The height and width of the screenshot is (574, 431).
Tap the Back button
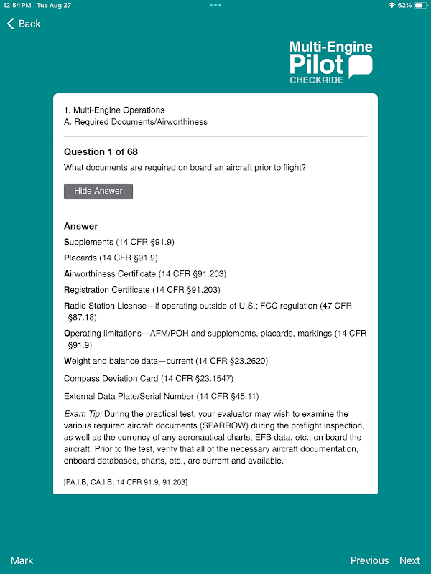pos(24,24)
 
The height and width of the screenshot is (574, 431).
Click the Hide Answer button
pos(98,192)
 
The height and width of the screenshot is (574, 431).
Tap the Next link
pos(409,560)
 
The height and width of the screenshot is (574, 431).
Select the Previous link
pos(369,560)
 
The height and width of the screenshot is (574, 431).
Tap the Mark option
pos(22,560)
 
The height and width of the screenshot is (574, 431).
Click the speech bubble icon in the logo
pos(361,66)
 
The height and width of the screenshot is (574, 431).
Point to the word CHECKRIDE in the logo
pos(317,80)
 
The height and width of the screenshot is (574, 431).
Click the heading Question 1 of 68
pos(101,151)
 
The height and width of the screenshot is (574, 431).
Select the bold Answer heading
pos(81,226)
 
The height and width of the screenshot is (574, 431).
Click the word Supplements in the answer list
pos(89,243)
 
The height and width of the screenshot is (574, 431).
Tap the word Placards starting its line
pos(80,258)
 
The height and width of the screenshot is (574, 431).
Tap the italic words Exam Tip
pos(83,414)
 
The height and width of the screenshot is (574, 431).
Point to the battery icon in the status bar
pos(420,5)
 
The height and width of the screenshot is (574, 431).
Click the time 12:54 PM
pos(17,5)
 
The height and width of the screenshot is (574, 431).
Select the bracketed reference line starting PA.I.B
pos(126,482)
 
